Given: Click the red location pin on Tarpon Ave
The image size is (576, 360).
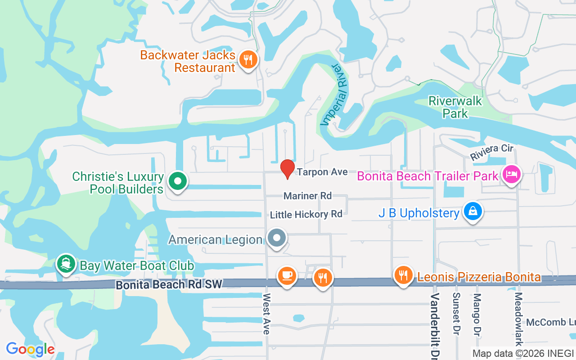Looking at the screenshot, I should coord(288,168).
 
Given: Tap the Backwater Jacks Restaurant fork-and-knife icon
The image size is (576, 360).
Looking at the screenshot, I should coord(247,60).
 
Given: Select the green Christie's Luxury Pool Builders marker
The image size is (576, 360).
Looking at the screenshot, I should coord(178,182).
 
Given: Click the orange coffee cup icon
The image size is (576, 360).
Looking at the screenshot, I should coord(287,275).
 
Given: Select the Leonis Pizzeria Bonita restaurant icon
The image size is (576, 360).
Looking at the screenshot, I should coord(403,275).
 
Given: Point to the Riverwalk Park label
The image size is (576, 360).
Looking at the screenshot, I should coord(455,107).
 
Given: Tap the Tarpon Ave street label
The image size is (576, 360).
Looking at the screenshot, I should coord(322,172).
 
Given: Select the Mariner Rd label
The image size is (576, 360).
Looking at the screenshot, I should coord(307,196).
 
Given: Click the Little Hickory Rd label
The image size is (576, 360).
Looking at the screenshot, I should coord(306,214).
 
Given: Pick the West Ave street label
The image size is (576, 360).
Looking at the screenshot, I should coord(266,314).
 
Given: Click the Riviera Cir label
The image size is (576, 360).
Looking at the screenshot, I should coord(492,152).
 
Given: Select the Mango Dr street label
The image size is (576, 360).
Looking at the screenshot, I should coord(477,315).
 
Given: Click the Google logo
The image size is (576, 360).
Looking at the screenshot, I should coord(30,349).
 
